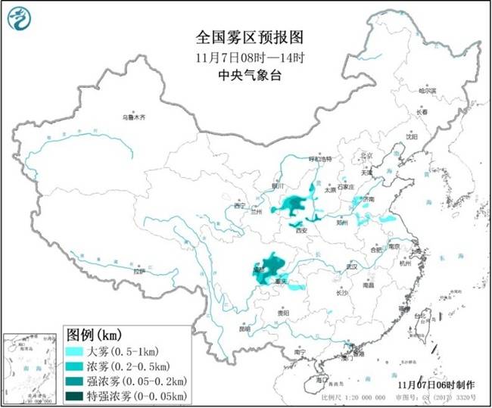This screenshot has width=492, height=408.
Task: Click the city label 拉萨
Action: [x=138, y=271]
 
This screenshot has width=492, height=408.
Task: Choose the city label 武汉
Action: [x=349, y=266]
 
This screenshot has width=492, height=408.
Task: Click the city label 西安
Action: [x=301, y=229]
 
